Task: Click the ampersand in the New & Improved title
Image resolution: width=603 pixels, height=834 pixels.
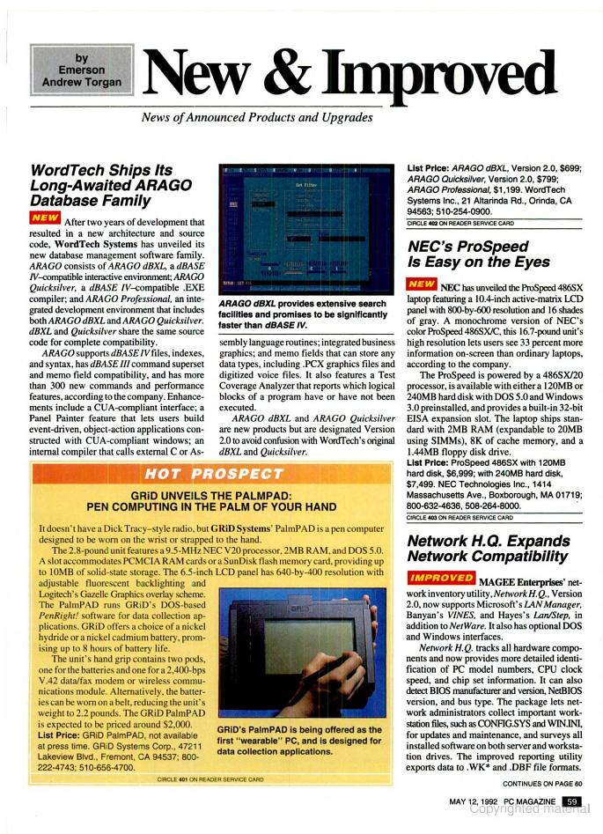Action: coord(296,75)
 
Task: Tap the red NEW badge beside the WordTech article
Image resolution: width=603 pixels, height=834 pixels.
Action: coord(45,218)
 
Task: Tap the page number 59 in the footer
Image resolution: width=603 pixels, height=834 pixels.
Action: coord(572,801)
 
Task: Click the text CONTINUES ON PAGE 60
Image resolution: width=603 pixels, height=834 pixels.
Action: coord(541,782)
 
